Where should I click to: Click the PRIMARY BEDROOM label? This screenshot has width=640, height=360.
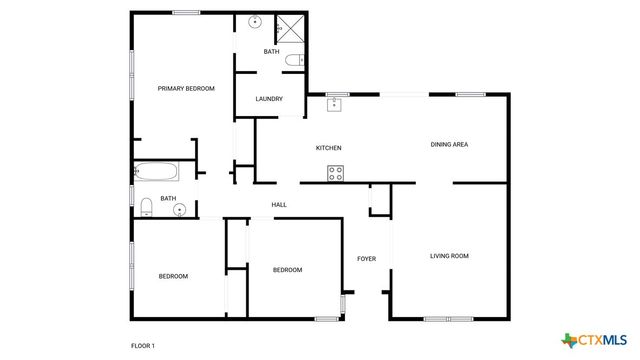tap(186, 89)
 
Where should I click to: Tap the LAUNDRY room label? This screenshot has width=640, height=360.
tap(269, 99)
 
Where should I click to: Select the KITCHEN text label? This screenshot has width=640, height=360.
tap(329, 148)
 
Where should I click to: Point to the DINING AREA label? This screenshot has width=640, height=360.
tap(449, 145)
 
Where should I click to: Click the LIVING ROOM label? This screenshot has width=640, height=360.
tap(449, 256)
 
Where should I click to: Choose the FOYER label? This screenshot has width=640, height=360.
tap(367, 259)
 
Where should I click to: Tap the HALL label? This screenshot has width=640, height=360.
tap(279, 205)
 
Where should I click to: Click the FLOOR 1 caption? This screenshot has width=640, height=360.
tap(143, 346)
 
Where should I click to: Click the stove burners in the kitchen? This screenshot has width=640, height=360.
tap(336, 173)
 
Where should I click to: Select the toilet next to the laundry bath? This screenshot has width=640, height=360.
tap(293, 61)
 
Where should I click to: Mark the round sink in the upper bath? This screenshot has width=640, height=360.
tap(254, 22)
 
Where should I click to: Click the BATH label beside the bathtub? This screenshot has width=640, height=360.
tap(168, 198)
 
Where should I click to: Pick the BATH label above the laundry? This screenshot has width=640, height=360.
tap(271, 52)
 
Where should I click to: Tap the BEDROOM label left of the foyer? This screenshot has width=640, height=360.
tap(288, 270)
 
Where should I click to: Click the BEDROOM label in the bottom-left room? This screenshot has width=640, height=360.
tap(173, 276)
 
